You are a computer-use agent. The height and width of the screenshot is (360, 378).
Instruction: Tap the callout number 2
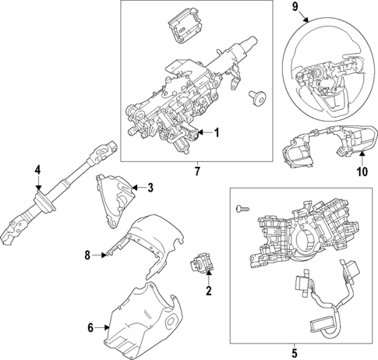tap(208, 292)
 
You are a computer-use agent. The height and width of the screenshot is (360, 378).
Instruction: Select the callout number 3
tap(150, 187)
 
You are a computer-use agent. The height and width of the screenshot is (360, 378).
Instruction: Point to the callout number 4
tap(37, 170)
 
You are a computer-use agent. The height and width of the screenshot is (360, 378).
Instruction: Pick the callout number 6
tap(90, 327)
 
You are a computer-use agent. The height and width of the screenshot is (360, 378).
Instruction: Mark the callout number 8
tap(88, 254)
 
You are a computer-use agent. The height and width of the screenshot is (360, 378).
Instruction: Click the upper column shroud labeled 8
tap(148, 242)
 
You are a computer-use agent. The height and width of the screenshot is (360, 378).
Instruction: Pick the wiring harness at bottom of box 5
tap(323, 304)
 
